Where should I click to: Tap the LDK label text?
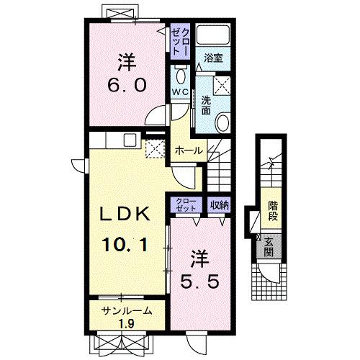pyautogui.click(x=125, y=214)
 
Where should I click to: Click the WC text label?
pyautogui.click(x=180, y=93)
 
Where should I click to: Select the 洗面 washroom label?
pyautogui.click(x=206, y=106)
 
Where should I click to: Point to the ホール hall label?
pyautogui.click(x=189, y=151)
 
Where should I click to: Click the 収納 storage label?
pyautogui.click(x=220, y=205)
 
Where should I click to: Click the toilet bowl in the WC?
pyautogui.click(x=181, y=75)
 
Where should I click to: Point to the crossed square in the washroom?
pyautogui.click(x=222, y=85)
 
